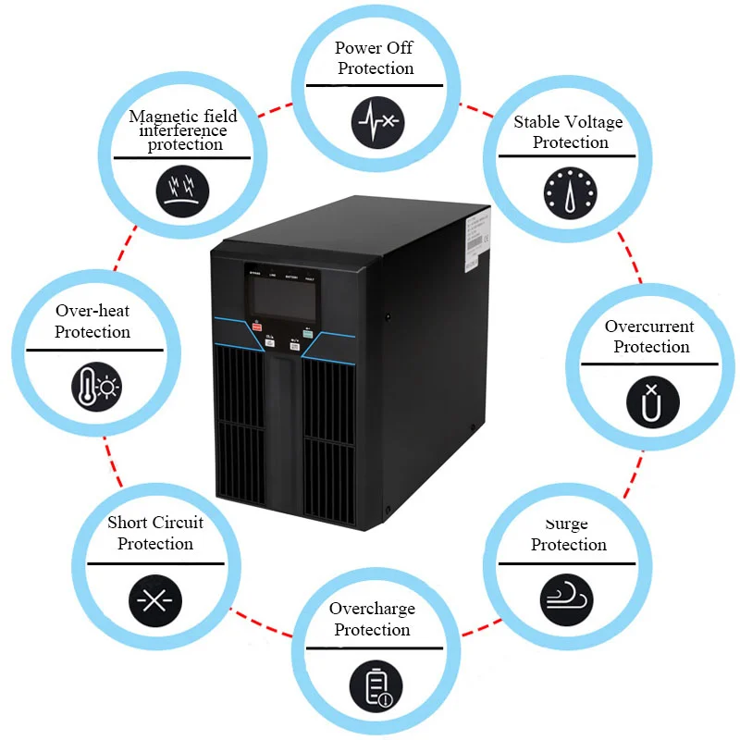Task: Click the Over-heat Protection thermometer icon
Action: click(96, 386)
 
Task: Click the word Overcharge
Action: click(372, 609)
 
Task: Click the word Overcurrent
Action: click(649, 327)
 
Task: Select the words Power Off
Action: click(374, 48)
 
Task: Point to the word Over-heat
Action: click(92, 311)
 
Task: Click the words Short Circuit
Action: click(155, 523)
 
